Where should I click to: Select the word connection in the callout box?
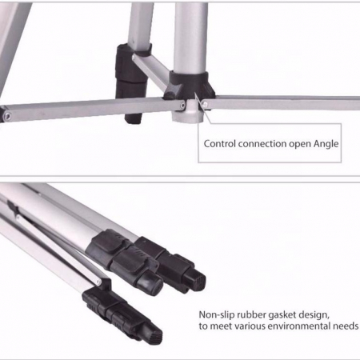[262, 144]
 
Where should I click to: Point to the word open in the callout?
[300, 145]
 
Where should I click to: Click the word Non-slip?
[215, 314]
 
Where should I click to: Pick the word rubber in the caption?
[250, 314]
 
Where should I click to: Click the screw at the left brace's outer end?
[7, 116]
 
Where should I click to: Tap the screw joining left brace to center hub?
[182, 106]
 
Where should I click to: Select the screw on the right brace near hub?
[205, 104]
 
